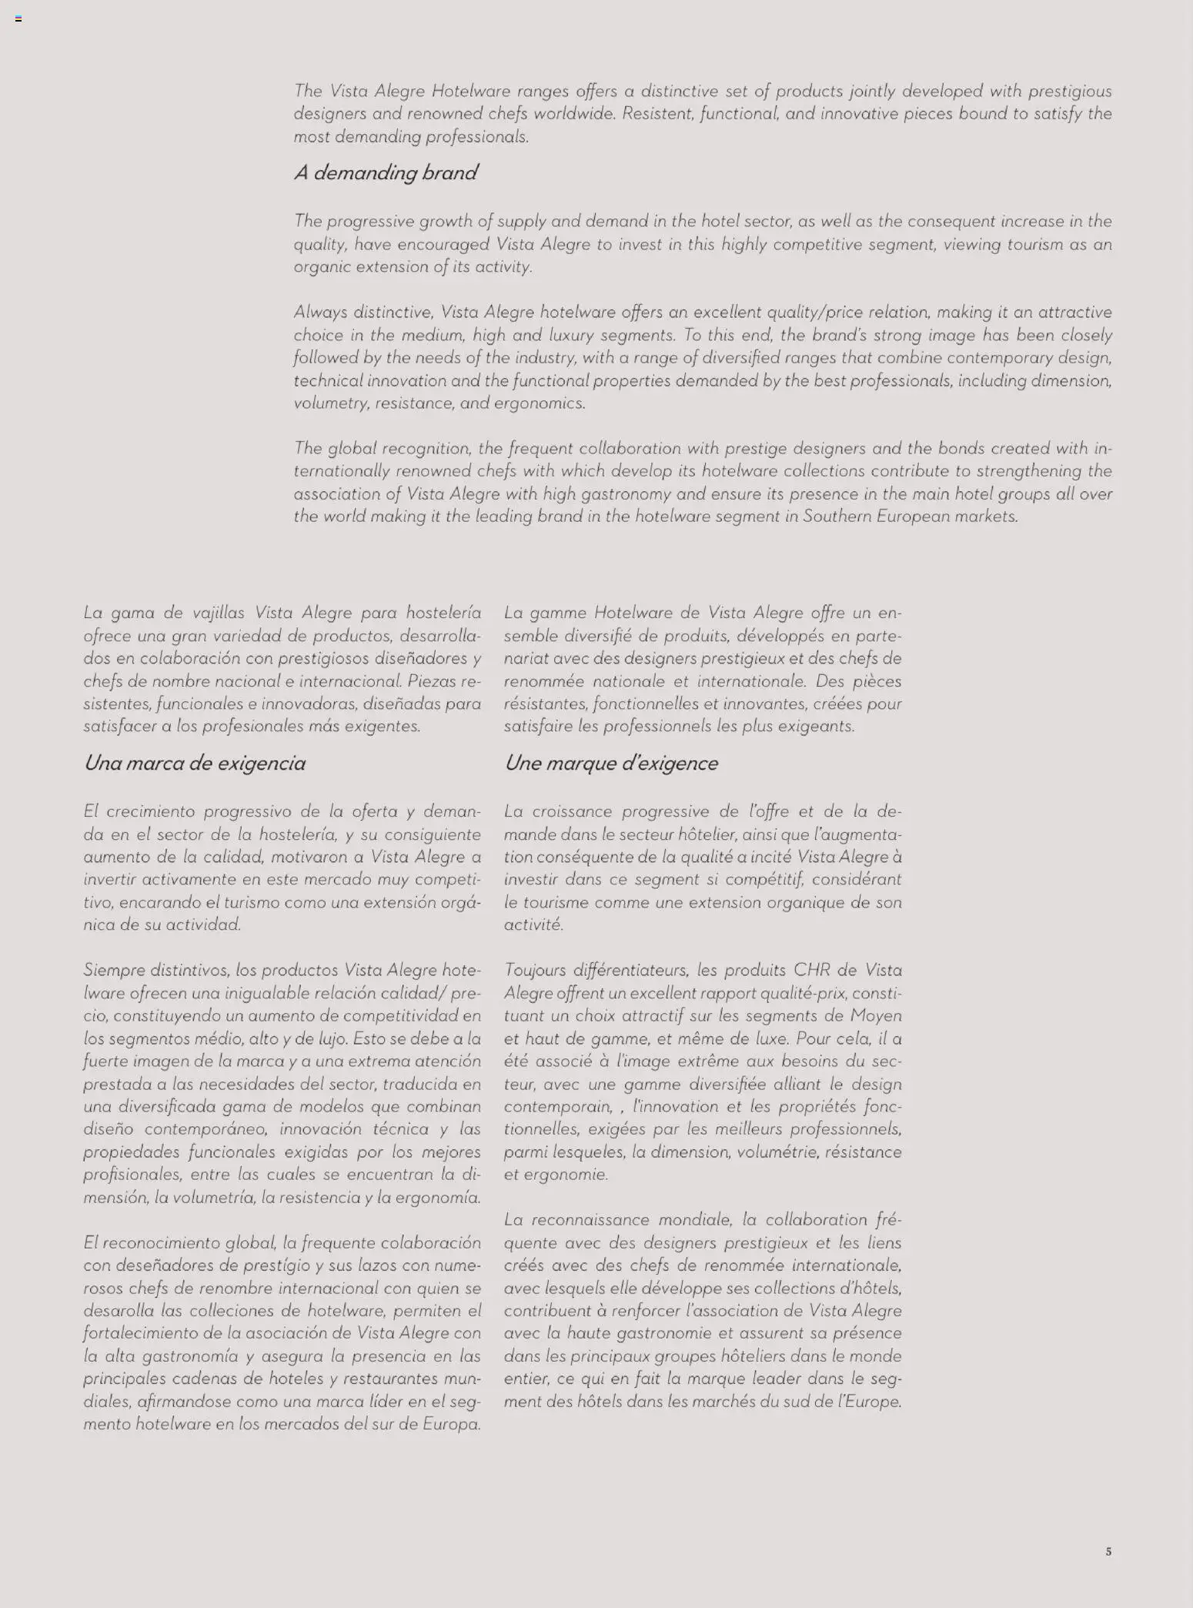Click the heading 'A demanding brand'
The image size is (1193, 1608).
click(386, 173)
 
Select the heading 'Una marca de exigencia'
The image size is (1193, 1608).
click(195, 764)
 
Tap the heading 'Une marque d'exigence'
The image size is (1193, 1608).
click(611, 764)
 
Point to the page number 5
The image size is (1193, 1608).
click(1108, 1552)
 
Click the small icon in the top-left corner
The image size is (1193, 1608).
click(18, 18)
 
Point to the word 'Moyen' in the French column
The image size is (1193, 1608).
click(877, 1016)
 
